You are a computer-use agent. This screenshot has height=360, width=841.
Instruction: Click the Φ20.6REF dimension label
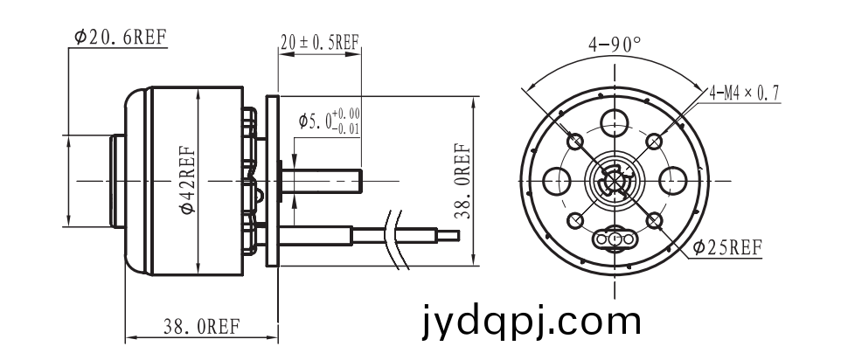point(120,37)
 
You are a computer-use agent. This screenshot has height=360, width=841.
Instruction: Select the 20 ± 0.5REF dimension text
point(320,42)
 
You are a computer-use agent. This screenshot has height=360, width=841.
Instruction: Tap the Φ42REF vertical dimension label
point(188,180)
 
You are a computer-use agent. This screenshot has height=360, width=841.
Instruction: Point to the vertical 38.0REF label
point(462,181)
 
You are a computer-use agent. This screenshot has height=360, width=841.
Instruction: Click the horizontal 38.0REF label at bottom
point(202,326)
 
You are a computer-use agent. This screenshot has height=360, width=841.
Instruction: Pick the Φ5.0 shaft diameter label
point(329,121)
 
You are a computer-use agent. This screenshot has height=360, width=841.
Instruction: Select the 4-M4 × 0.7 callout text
point(744,93)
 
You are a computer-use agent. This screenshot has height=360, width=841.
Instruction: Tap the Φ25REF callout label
point(726,247)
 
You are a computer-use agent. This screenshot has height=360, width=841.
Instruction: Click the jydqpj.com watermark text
point(531,321)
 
